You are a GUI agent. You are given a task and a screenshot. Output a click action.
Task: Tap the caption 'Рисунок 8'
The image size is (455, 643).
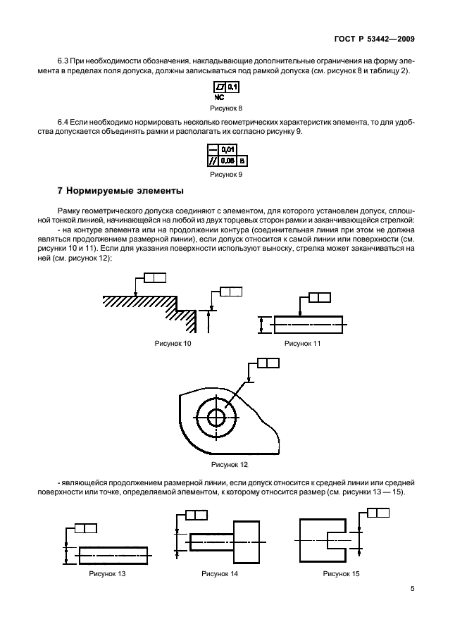[x=226, y=108]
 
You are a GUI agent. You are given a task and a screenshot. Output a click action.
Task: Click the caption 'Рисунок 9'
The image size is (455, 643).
[x=226, y=173]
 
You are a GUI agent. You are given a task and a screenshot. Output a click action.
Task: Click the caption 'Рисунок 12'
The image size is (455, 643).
[x=226, y=464]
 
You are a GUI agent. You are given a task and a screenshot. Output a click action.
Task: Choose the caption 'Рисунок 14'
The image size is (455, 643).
[x=220, y=574]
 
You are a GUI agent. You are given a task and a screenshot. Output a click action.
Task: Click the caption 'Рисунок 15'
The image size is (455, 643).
[x=341, y=574]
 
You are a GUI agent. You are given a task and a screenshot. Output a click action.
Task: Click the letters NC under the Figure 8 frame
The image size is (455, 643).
[x=220, y=97]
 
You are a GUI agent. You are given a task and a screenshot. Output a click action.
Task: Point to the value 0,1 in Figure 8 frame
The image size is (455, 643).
[x=233, y=87]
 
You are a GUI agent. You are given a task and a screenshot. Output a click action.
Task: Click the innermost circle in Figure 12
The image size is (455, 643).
[x=216, y=418]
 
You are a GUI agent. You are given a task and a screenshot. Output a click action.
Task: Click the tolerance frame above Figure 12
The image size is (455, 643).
[x=268, y=363]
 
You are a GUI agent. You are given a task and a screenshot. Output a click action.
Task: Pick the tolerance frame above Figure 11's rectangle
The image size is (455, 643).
[x=319, y=297]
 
